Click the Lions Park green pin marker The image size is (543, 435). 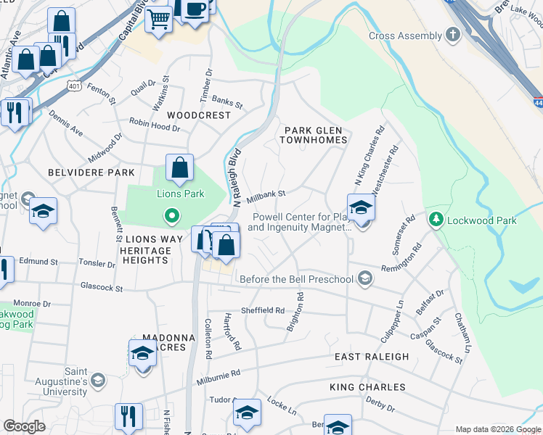tap(171, 215)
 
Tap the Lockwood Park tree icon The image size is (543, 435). tap(436, 220)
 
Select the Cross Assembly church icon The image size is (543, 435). tap(453, 36)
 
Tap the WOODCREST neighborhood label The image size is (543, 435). tap(198, 115)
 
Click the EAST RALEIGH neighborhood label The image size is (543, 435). tap(371, 357)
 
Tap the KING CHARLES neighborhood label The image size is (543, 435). tap(367, 387)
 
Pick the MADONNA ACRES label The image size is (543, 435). tap(168, 342)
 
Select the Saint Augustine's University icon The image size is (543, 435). tap(97, 381)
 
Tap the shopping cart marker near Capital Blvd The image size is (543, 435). tap(159, 19)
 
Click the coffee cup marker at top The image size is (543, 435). tap(194, 9)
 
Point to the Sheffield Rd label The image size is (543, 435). tap(263, 310)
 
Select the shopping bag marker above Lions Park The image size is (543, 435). tap(179, 168)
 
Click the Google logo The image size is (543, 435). tap(24, 426)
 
